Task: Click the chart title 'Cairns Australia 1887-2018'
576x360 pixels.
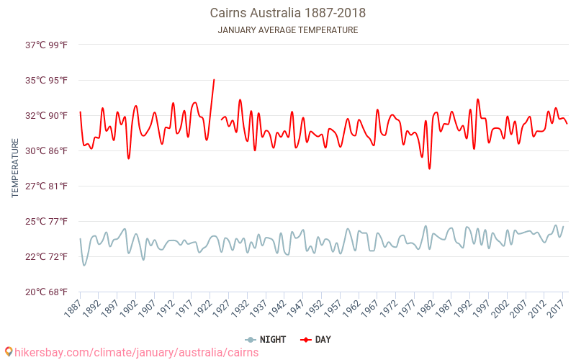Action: (287, 13)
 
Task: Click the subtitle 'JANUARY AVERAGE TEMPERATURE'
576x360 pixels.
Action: (287, 30)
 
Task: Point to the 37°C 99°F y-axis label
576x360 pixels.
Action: (47, 45)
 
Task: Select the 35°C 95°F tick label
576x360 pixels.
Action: (47, 80)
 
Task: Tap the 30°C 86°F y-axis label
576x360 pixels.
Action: (47, 150)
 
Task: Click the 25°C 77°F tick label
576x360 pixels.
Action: (47, 221)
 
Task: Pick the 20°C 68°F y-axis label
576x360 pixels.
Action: (47, 292)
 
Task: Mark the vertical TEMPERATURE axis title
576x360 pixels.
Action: (15, 168)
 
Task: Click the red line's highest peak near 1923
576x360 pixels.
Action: (214, 80)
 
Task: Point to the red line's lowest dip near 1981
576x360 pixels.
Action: (430, 168)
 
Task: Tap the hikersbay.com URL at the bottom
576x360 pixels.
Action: (137, 353)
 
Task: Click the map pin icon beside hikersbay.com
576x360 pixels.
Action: (8, 352)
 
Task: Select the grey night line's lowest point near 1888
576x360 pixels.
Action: (84, 265)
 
